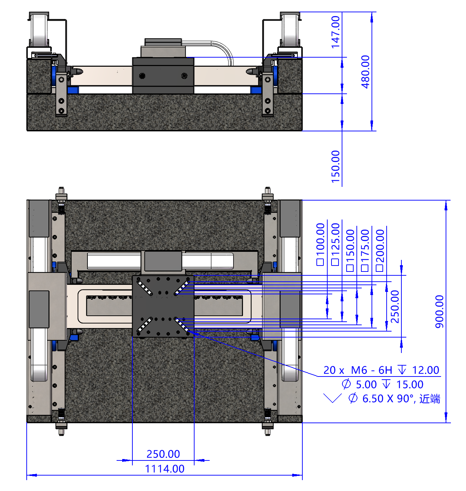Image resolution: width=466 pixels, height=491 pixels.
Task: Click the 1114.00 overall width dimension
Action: pyautogui.click(x=165, y=469)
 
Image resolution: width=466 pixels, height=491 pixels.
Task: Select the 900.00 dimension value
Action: pyautogui.click(x=440, y=312)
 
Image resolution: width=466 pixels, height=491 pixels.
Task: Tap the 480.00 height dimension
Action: pyautogui.click(x=365, y=72)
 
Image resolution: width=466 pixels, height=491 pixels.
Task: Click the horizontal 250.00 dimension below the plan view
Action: pyautogui.click(x=163, y=454)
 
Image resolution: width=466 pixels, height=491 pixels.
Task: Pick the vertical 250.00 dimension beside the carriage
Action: pyautogui.click(x=395, y=307)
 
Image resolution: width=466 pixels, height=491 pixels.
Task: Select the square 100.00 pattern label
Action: pyautogui.click(x=320, y=244)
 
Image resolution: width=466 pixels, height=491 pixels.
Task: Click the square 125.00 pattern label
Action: pyautogui.click(x=335, y=244)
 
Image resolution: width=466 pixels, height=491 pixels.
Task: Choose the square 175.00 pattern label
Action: pyautogui.click(x=365, y=250)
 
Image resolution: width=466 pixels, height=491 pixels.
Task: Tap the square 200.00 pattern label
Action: pyautogui.click(x=380, y=250)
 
